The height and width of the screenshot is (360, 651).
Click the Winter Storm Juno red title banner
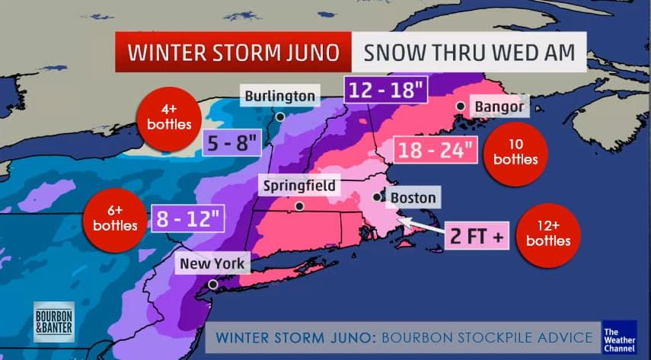233,53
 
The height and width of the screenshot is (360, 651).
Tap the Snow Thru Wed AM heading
468,53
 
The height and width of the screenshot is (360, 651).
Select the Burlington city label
279,96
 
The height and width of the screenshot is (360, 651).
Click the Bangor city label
499,107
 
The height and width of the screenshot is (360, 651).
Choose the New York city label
212,264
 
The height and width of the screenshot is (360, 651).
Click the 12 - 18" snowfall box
387,91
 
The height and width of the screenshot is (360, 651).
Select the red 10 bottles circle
515,153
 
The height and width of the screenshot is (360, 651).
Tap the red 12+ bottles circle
547,234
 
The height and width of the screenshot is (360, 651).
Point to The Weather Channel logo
619,337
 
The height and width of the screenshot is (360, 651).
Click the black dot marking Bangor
460,106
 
